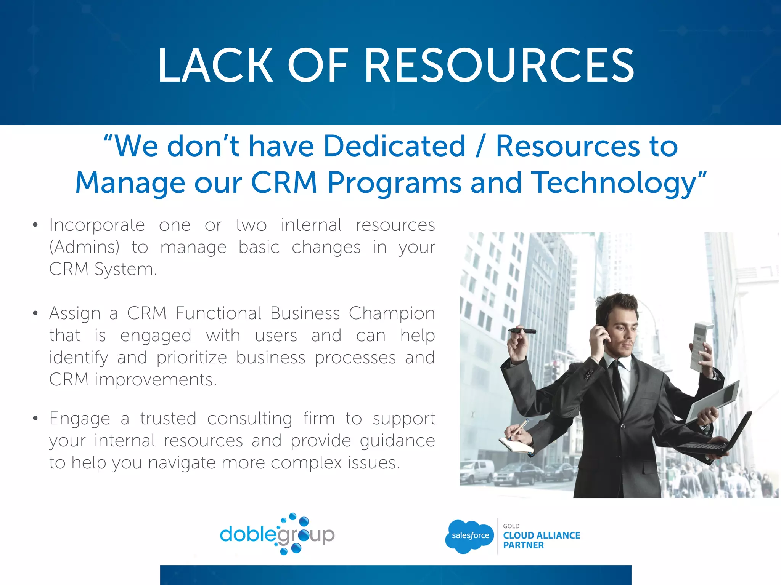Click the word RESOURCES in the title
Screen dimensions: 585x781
tap(500, 66)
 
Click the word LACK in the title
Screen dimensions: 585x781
tap(215, 66)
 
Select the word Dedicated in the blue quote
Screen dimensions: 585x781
tap(395, 146)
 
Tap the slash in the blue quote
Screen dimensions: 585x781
tap(480, 147)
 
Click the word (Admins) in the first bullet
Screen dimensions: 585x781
tap(84, 247)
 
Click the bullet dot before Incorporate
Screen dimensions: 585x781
tap(35, 225)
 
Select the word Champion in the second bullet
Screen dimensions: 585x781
tap(392, 313)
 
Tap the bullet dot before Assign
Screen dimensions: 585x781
tap(35, 313)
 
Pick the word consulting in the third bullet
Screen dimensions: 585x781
tap(250, 419)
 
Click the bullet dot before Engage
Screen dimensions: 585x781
tap(35, 419)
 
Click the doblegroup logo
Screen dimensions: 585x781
tap(277, 534)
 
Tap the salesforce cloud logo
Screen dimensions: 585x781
tap(470, 536)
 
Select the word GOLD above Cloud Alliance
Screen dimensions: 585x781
tap(511, 526)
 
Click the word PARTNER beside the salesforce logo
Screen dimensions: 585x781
tap(523, 545)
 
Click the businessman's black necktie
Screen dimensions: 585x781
tap(616, 385)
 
